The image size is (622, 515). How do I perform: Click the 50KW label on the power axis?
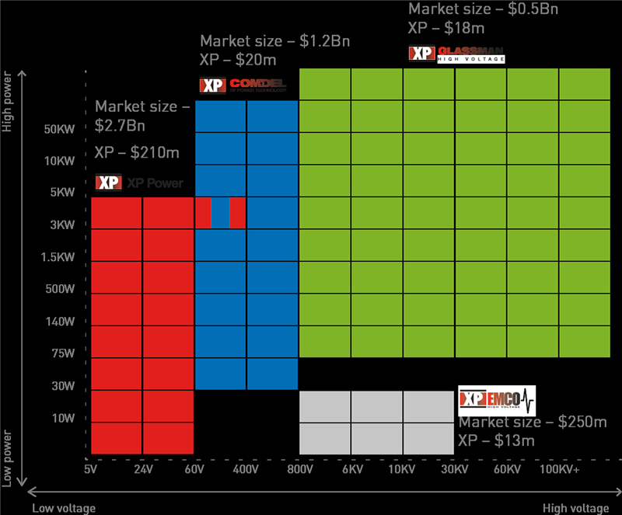(58, 129)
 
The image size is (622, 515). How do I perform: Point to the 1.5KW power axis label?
(58, 257)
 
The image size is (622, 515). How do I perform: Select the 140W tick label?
(60, 322)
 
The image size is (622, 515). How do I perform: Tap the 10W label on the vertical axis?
(62, 419)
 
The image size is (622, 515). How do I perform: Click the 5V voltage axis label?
(91, 470)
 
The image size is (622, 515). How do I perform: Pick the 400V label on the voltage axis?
(246, 470)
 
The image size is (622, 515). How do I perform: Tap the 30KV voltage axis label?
(454, 470)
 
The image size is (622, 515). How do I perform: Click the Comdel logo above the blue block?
(243, 85)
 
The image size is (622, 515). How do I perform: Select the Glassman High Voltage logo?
(457, 54)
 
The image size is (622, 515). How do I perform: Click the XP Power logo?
(139, 183)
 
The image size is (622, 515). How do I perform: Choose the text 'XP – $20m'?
(238, 60)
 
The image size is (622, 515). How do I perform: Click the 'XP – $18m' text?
(446, 28)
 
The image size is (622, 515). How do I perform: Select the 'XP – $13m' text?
(497, 441)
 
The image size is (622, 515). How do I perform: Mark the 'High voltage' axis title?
(576, 508)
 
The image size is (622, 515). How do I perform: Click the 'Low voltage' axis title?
(64, 508)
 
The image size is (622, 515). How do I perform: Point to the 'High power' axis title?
(8, 103)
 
